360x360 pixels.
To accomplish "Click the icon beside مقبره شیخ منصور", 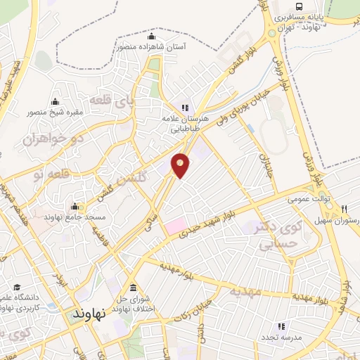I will (x=55, y=101).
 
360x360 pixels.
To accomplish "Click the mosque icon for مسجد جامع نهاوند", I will (x=75, y=207).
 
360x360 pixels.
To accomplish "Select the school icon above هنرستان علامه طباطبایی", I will (x=185, y=108).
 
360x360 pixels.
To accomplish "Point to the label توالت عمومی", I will (x=307, y=200).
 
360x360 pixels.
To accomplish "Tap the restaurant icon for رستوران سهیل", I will (x=345, y=209).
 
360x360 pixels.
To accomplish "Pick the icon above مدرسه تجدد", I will (x=281, y=326).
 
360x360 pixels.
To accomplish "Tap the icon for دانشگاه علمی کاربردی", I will (x=18, y=287).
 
